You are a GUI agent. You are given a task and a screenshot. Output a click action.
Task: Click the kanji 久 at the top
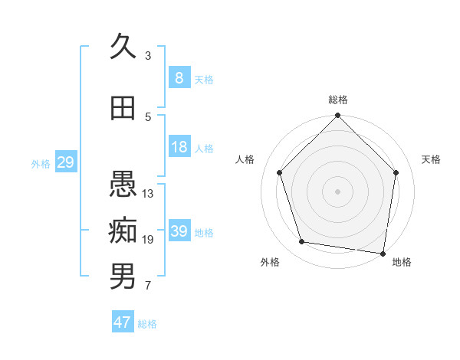(123, 47)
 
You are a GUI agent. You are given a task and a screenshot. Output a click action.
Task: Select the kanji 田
(123, 108)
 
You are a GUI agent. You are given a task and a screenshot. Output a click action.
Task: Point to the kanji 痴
(123, 230)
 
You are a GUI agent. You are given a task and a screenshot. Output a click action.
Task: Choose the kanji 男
(123, 277)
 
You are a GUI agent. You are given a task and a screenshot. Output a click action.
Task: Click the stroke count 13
(148, 193)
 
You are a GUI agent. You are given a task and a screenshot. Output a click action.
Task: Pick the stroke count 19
(148, 240)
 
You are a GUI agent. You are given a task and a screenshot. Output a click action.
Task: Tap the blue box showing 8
(179, 77)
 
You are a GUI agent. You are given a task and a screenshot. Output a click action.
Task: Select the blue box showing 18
(179, 147)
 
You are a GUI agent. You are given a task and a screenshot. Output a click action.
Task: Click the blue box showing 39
(179, 231)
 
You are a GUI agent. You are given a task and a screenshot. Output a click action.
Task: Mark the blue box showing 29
(65, 162)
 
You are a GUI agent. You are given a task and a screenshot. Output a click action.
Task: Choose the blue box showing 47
(123, 322)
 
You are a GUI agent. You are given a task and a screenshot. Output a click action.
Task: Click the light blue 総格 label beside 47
(147, 324)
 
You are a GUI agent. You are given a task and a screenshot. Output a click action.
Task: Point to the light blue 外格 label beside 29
(40, 163)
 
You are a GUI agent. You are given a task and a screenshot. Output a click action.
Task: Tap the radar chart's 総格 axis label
(337, 100)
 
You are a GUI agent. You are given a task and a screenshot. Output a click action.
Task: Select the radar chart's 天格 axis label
(431, 159)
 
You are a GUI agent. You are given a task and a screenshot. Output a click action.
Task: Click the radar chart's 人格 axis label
(245, 159)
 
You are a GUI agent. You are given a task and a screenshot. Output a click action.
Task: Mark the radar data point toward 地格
(383, 253)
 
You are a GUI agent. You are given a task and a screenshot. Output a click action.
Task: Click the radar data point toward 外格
(302, 242)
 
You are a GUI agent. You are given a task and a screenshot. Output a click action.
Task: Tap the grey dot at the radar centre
(337, 191)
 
